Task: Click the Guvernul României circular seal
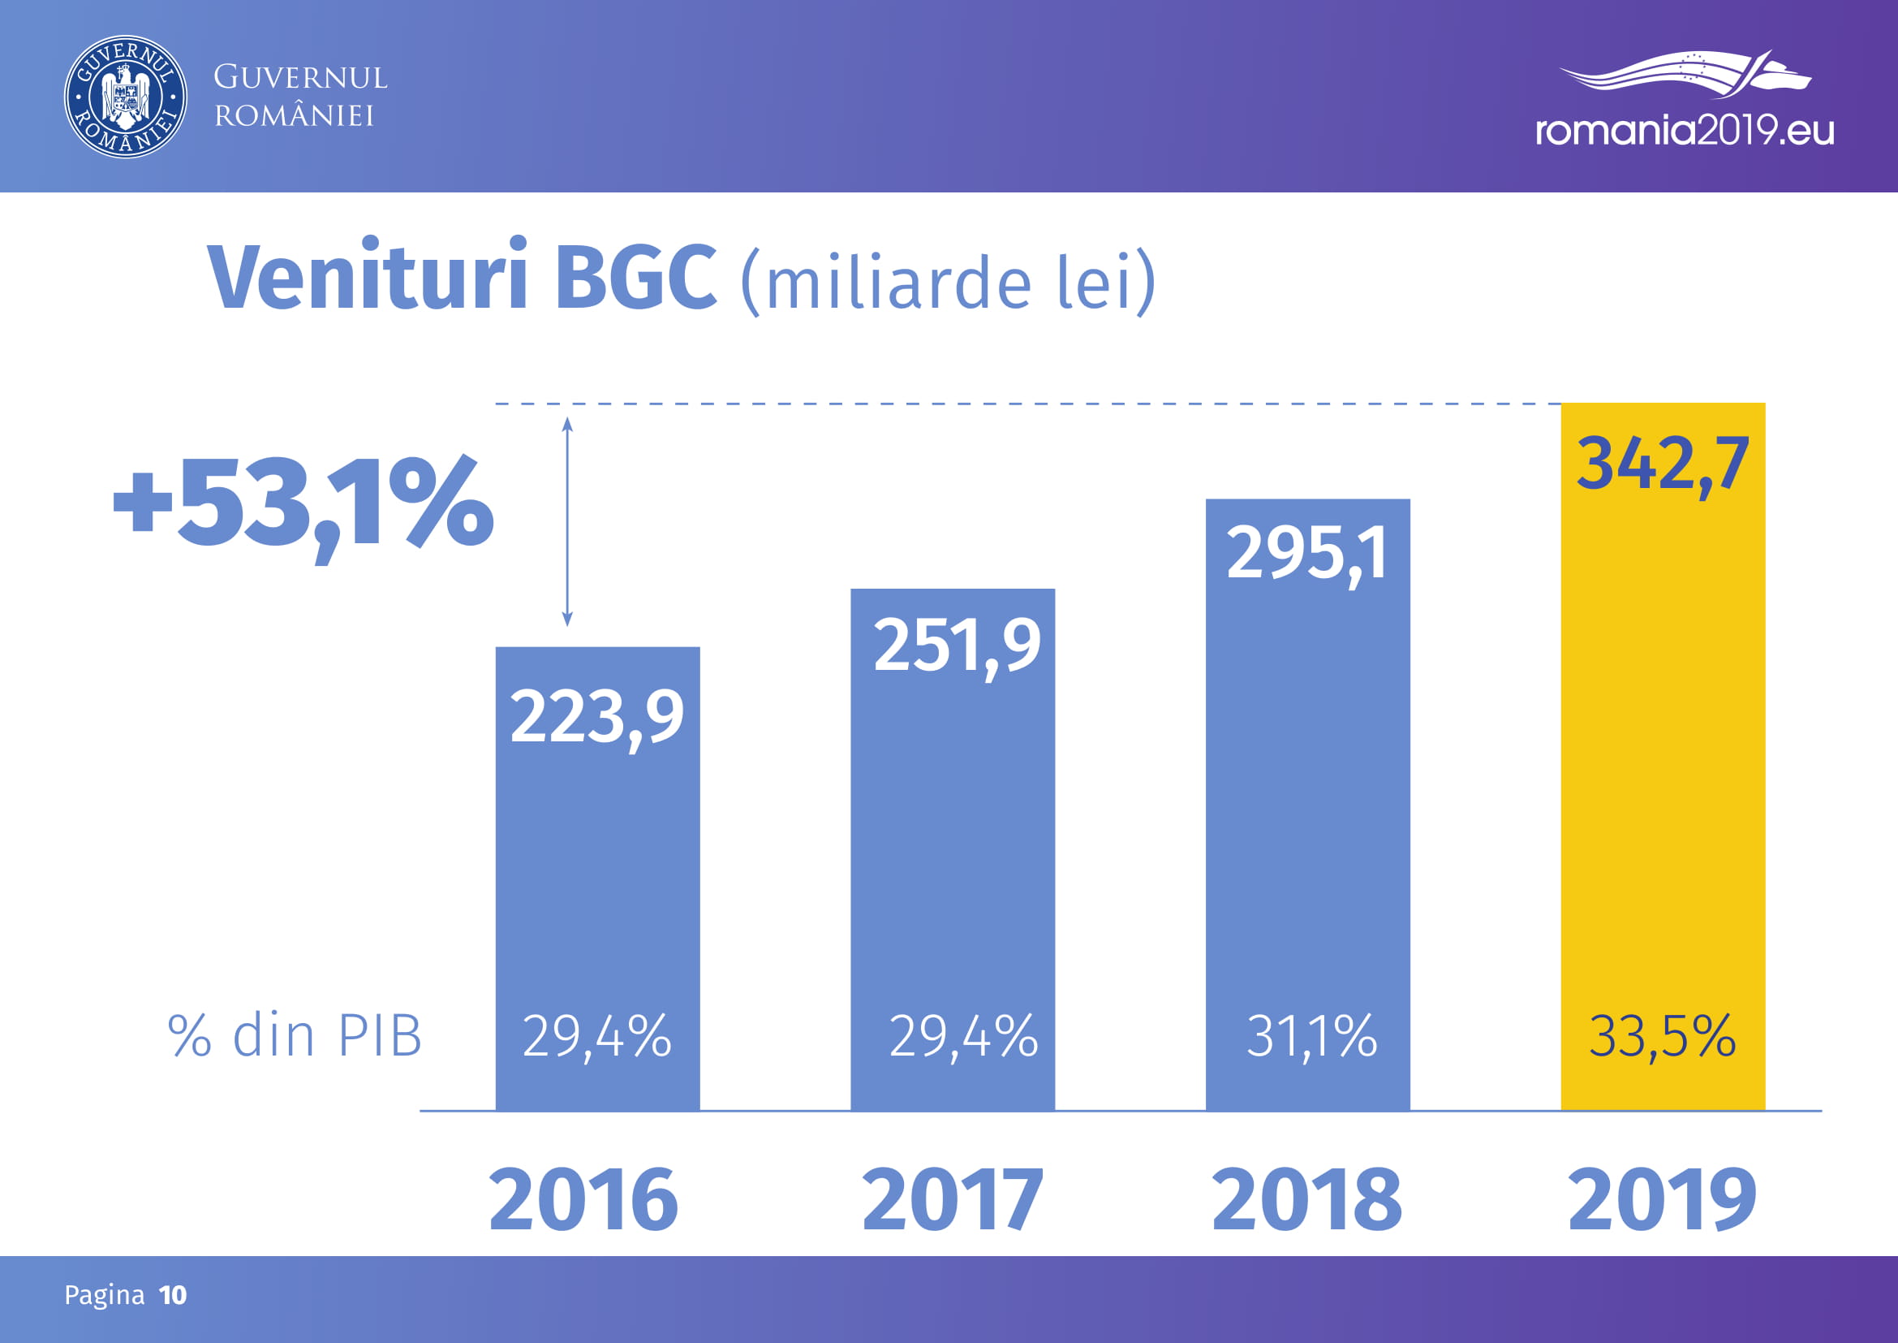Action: tap(126, 97)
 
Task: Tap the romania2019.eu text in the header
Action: tap(1684, 131)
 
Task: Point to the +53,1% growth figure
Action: tap(303, 504)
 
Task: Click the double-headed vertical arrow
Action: tap(567, 522)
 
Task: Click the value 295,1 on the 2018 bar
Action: tap(1307, 554)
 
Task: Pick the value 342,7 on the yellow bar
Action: tap(1663, 464)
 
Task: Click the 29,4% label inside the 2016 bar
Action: tap(597, 1035)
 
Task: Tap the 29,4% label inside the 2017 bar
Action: tap(963, 1035)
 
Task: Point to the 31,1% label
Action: tap(1312, 1035)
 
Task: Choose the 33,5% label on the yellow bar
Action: tap(1663, 1035)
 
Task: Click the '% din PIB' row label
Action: tap(295, 1035)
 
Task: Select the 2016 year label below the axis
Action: tap(583, 1198)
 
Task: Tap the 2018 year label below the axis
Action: tap(1307, 1198)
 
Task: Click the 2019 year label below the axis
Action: tap(1663, 1198)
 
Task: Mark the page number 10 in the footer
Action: tap(173, 1295)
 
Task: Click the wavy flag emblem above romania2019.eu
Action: tap(1684, 73)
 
